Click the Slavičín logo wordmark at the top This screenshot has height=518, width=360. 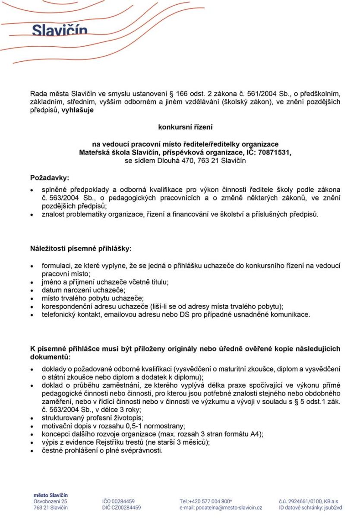click(x=60, y=31)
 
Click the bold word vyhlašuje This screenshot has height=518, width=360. click(x=77, y=110)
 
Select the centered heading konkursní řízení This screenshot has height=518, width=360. click(x=185, y=127)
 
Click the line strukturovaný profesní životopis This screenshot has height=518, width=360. click(x=92, y=418)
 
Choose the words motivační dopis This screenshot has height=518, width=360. click(x=64, y=426)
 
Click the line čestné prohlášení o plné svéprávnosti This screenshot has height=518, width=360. click(x=102, y=450)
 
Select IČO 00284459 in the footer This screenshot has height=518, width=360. click(x=118, y=501)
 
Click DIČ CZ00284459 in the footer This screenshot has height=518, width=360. click(x=121, y=508)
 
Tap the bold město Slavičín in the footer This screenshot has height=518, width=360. click(x=51, y=495)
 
